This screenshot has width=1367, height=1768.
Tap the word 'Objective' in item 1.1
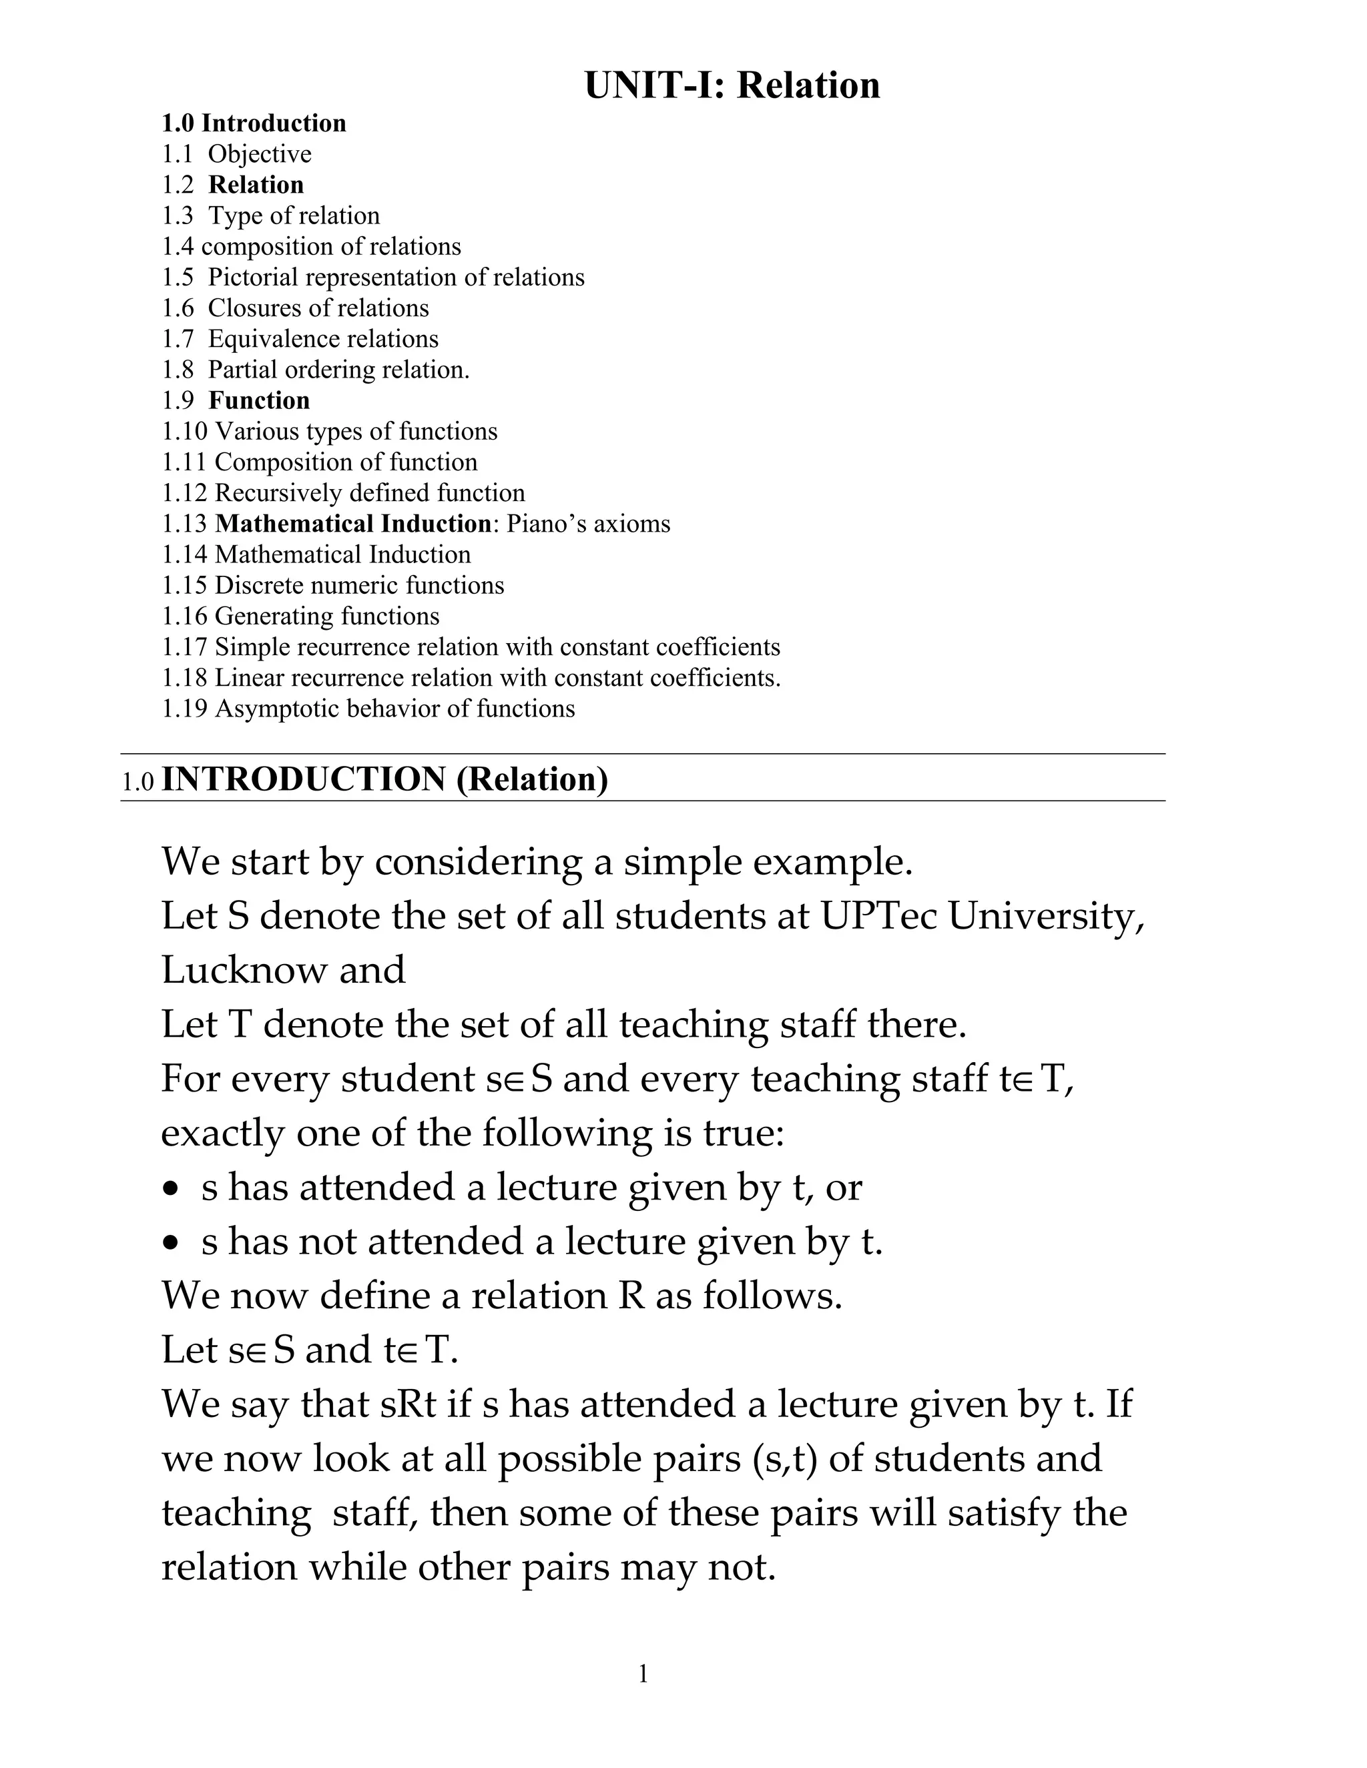(259, 155)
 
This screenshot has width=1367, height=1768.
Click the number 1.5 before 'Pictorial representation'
(178, 278)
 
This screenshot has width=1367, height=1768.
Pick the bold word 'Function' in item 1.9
(259, 401)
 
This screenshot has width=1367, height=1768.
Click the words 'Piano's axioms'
(589, 524)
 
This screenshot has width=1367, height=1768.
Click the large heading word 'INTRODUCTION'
(304, 779)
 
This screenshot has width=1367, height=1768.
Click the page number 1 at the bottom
(643, 1673)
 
